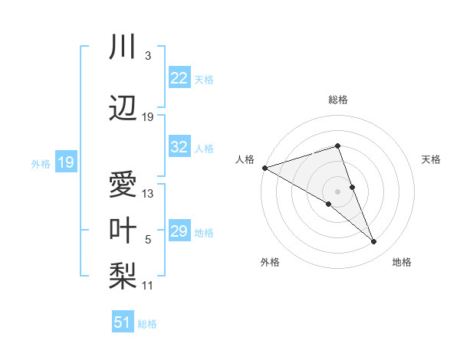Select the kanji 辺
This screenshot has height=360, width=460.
(x=123, y=109)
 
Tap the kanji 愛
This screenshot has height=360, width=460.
(x=123, y=185)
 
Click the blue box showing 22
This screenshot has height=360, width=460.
(x=179, y=78)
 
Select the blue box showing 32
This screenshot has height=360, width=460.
(x=179, y=147)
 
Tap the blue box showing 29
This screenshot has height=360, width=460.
(x=179, y=231)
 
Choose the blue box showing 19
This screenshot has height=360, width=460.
(x=65, y=162)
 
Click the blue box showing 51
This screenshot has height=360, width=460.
(x=122, y=322)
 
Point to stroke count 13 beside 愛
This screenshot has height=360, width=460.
(x=148, y=193)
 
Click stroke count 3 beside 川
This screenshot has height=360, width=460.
(x=147, y=55)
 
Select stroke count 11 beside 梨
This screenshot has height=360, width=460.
(x=148, y=286)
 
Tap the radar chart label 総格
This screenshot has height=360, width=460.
(x=337, y=100)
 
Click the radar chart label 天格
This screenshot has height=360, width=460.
(x=431, y=159)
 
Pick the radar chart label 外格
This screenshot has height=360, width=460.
(x=270, y=262)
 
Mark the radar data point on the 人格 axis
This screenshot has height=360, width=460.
(x=264, y=168)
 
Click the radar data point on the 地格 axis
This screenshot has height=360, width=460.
(x=374, y=242)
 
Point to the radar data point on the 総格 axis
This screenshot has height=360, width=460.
(x=337, y=146)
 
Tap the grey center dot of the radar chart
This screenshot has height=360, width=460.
(x=337, y=191)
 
